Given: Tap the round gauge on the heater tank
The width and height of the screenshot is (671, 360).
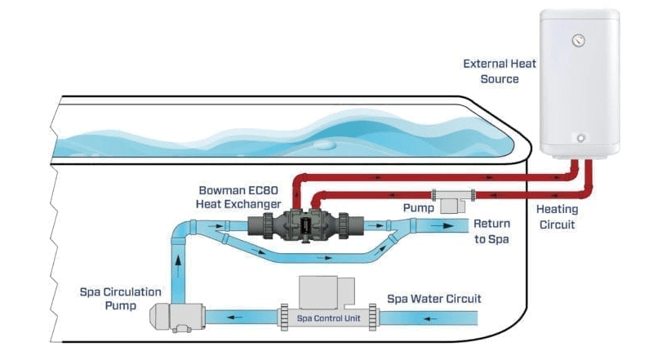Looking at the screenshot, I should coord(578,39).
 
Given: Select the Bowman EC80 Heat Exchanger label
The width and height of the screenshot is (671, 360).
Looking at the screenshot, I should coord(238,196).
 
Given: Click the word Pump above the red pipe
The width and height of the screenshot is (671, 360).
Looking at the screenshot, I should coord(419,208).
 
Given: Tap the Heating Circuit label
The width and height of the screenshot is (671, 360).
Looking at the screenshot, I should coord(558,216).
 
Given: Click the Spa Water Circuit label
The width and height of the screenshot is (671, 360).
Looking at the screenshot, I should coord(434,299).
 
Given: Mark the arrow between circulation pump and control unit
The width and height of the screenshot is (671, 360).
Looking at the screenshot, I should coord(236,317).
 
